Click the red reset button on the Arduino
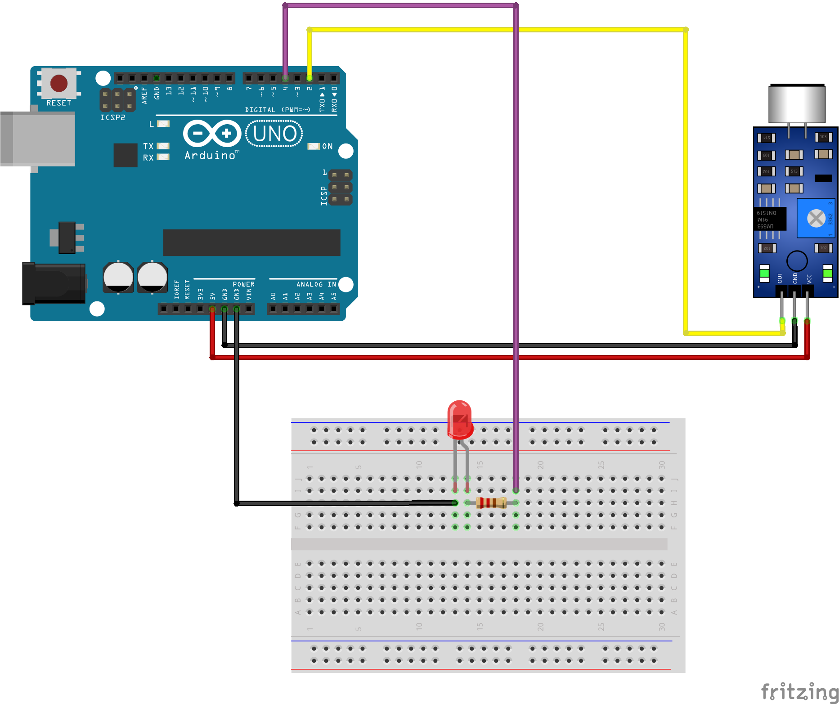tap(59, 83)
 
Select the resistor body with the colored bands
tap(491, 502)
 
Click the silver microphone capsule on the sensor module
tap(797, 104)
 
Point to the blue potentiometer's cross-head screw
tap(816, 219)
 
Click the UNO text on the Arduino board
tap(274, 134)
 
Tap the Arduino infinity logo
tap(212, 133)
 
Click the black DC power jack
tap(54, 283)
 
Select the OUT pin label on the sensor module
tap(780, 278)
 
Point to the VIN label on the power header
tap(249, 294)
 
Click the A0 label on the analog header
tap(273, 296)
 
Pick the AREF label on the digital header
tap(144, 95)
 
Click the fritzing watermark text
tap(799, 692)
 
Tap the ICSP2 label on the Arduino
tap(112, 117)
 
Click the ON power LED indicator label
tap(327, 146)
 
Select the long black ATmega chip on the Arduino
tap(251, 242)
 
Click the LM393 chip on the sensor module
tap(770, 219)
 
